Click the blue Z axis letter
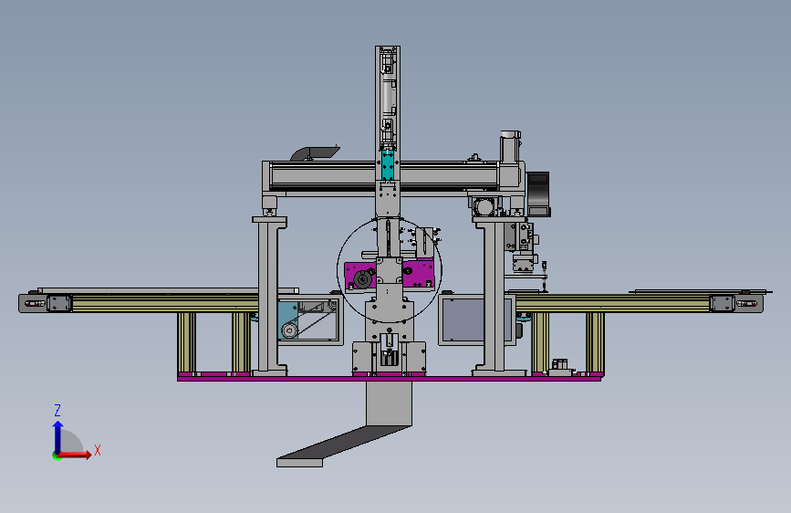(x=57, y=410)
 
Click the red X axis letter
(x=98, y=450)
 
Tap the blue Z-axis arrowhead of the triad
(x=58, y=426)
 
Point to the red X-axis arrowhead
(x=88, y=455)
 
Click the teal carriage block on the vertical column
(x=388, y=164)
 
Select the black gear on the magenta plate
(x=361, y=279)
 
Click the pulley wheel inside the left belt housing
(x=289, y=330)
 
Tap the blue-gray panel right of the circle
(x=463, y=319)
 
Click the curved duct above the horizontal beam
(x=314, y=152)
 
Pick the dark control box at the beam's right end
(x=538, y=194)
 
